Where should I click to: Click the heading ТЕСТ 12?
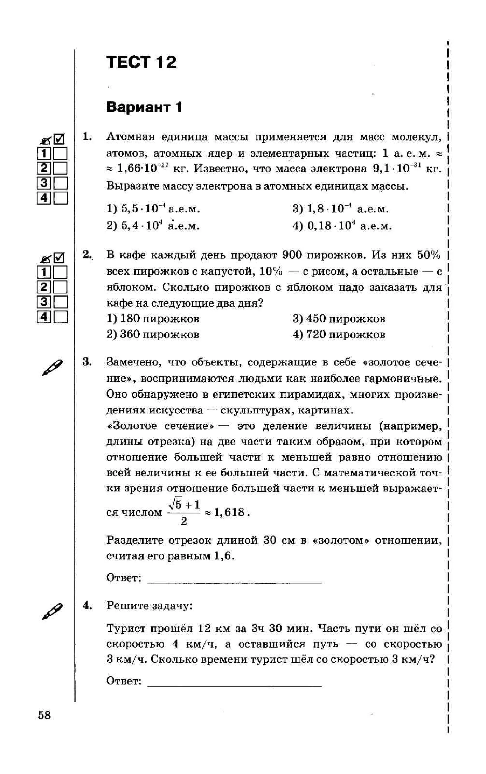click(141, 62)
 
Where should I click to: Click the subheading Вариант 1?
click(144, 107)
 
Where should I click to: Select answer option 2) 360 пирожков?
click(153, 335)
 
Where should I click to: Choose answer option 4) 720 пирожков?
click(339, 335)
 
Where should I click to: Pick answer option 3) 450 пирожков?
click(339, 319)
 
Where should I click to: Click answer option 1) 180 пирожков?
click(153, 319)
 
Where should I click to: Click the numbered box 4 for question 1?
click(44, 198)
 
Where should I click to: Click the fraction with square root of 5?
click(184, 512)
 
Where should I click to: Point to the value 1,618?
click(229, 512)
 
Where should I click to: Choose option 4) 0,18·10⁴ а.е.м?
click(342, 226)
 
